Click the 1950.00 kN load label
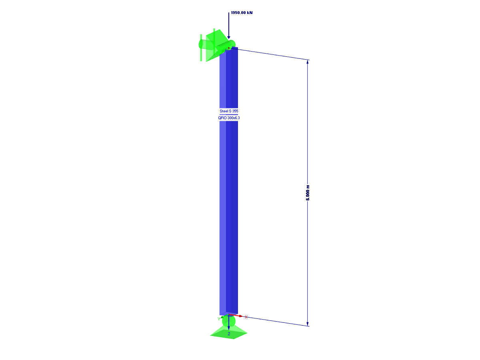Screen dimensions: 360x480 click(242, 13)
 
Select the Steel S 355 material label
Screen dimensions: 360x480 click(229, 111)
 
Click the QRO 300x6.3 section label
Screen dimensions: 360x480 click(229, 118)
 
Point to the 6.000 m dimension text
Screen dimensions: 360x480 click(307, 192)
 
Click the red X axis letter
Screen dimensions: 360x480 click(246, 317)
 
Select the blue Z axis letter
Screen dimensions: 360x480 click(229, 333)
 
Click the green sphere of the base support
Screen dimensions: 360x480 click(228, 321)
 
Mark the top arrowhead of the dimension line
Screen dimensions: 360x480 click(307, 62)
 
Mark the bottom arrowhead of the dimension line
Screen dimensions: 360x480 click(307, 324)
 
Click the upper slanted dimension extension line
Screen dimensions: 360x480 click(272, 54)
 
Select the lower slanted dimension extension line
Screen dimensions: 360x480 click(276, 321)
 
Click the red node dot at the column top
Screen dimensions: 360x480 click(228, 48)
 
